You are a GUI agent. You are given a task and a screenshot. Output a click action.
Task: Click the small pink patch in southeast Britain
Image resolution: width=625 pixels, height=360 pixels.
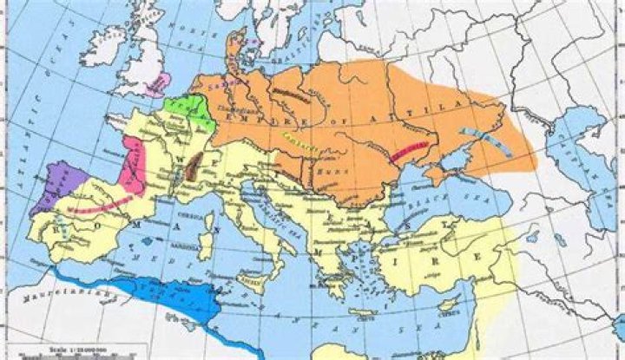(159, 84)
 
